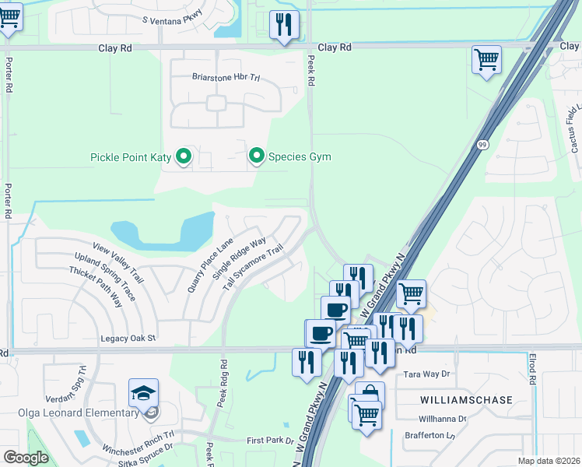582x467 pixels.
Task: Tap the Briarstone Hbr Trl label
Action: (224, 77)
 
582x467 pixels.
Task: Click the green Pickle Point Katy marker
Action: (184, 157)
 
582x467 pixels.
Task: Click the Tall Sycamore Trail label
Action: (252, 270)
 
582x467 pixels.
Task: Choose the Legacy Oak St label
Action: (128, 339)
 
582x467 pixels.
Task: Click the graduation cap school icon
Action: (144, 393)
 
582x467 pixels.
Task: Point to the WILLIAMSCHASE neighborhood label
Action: (466, 400)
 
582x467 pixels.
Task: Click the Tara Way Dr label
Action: (427, 374)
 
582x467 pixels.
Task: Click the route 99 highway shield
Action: (482, 145)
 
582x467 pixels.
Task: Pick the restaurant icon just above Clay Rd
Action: (284, 24)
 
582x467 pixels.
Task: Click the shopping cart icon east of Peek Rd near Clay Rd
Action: (486, 58)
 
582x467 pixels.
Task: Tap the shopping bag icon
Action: (370, 394)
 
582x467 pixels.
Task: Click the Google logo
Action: (26, 458)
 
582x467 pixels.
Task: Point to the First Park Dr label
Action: (270, 441)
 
